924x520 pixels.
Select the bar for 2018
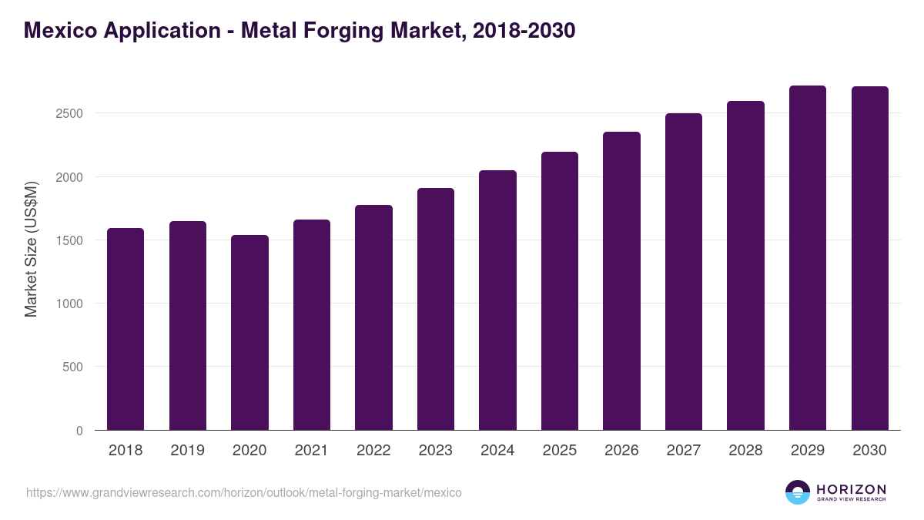click(126, 329)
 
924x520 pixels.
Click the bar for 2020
click(249, 333)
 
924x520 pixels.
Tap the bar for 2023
click(436, 309)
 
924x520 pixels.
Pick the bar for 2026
click(621, 281)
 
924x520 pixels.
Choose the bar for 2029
click(808, 258)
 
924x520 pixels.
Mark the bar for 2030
click(869, 258)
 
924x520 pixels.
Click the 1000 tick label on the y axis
click(69, 304)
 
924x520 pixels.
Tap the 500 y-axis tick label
click(72, 367)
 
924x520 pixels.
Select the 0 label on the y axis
click(79, 431)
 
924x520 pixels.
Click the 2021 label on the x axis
click(312, 451)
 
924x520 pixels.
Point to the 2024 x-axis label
click(497, 451)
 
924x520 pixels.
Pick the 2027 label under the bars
click(684, 451)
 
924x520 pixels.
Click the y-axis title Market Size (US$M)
click(31, 249)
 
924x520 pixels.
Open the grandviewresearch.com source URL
click(244, 492)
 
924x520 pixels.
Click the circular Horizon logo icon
click(798, 492)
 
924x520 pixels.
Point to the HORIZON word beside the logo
click(851, 489)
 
